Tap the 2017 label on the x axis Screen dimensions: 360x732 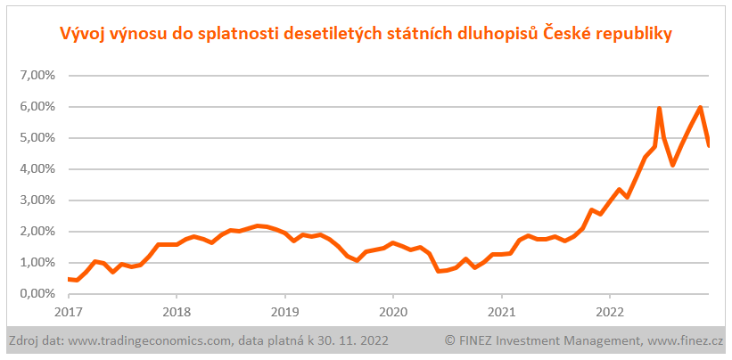click(x=68, y=313)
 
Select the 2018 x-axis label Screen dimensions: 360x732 click(x=177, y=313)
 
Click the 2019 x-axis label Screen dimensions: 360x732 click(x=284, y=313)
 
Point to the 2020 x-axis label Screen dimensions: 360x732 click(x=393, y=313)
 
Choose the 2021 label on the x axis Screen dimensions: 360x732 click(x=502, y=313)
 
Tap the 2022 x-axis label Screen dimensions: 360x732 click(x=610, y=313)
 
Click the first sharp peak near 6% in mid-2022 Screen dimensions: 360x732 click(x=659, y=109)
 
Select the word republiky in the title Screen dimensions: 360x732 click(x=628, y=34)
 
